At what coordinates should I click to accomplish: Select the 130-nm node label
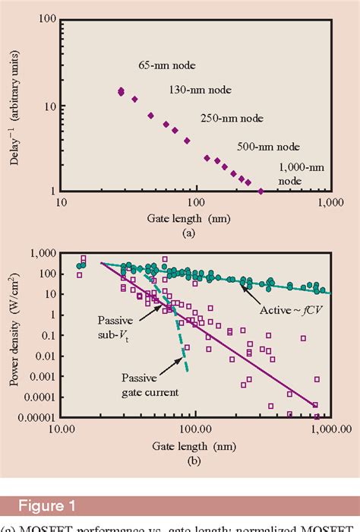pyautogui.click(x=198, y=90)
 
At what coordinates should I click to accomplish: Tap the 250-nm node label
pyautogui.click(x=232, y=119)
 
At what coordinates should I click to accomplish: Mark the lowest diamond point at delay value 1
pyautogui.click(x=261, y=191)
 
